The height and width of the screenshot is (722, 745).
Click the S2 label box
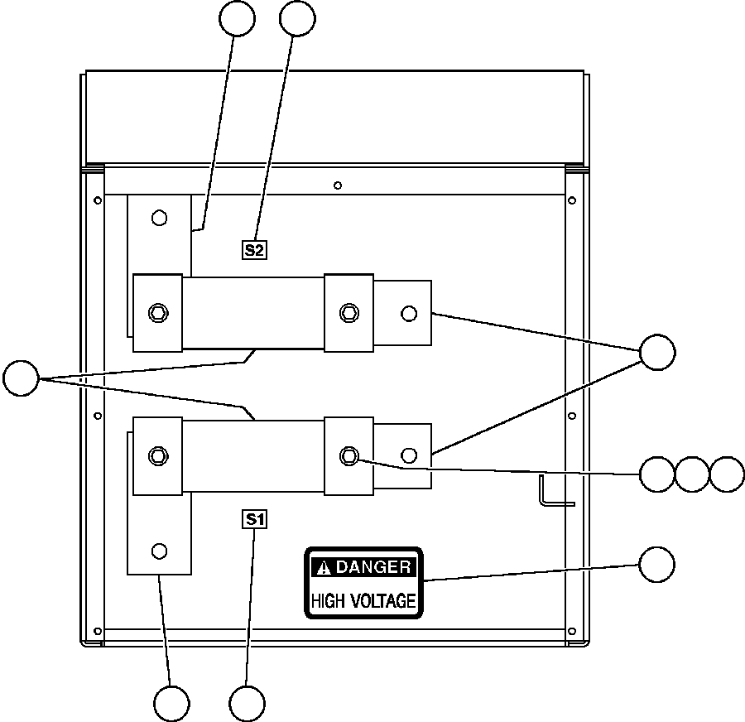click(255, 248)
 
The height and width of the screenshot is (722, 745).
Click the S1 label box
click(255, 519)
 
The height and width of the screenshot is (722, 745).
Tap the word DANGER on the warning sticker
click(373, 567)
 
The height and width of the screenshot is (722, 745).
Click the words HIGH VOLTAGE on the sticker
click(363, 601)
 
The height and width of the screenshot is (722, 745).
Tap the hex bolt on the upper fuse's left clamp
click(157, 312)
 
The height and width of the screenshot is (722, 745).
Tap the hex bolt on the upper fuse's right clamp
click(348, 312)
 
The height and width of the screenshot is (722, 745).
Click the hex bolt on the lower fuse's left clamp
click(157, 455)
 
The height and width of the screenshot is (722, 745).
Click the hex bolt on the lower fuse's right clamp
click(348, 455)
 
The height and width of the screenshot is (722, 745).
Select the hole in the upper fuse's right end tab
click(407, 313)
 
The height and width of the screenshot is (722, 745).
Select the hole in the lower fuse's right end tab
click(407, 455)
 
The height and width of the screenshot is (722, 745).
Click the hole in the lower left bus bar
click(160, 551)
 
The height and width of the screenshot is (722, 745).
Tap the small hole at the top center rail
click(338, 185)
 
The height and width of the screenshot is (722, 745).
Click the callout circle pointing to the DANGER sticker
click(656, 564)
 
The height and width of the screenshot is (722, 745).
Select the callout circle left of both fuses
click(22, 378)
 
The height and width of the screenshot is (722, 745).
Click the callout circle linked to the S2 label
click(298, 18)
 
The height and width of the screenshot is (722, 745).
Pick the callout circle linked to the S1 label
click(248, 703)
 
